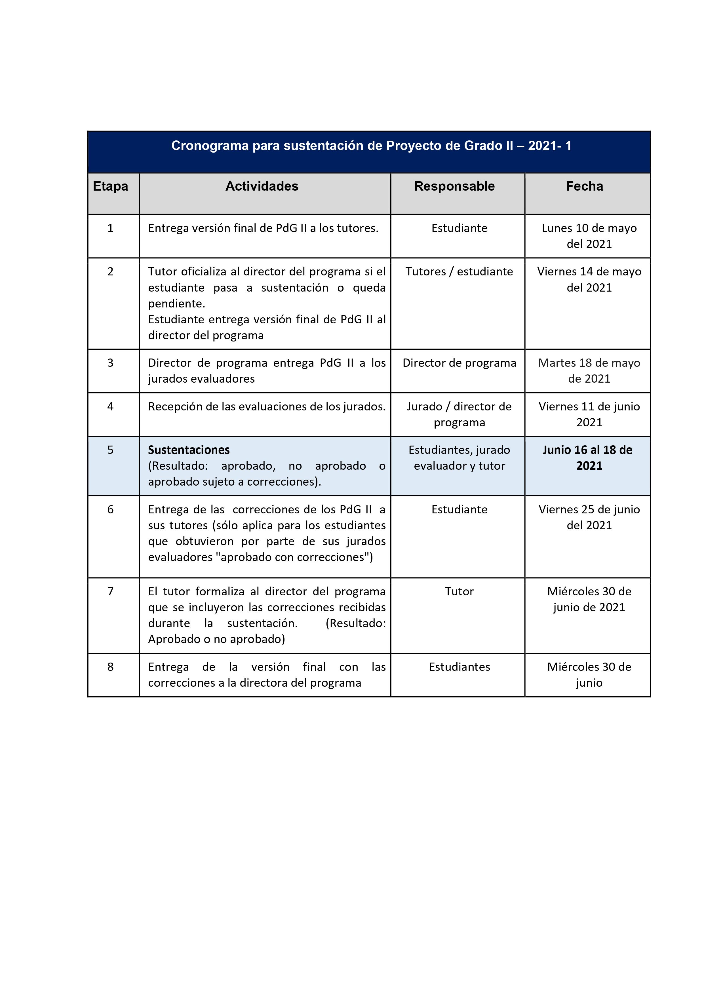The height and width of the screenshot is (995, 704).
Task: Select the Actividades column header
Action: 262,186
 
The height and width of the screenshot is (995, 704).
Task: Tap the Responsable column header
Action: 454,186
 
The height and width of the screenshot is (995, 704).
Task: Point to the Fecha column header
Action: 584,186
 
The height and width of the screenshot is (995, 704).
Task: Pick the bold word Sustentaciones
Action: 189,450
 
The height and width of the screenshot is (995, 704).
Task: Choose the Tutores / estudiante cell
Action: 459,272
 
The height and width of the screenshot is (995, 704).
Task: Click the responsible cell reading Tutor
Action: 459,592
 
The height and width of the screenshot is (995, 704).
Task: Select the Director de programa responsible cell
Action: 459,363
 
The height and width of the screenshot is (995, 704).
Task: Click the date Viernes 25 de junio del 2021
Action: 589,517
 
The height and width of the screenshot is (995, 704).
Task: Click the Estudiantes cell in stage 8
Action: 459,667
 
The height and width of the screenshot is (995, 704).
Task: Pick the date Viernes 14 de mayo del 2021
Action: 589,279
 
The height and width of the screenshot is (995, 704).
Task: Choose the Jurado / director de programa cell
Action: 459,414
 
